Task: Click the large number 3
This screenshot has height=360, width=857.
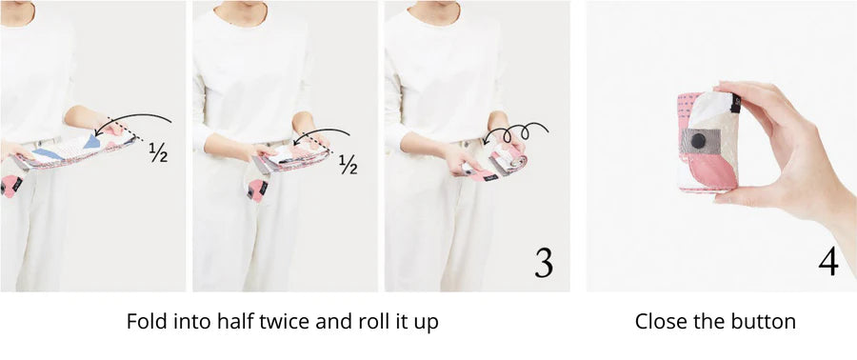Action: pos(544,264)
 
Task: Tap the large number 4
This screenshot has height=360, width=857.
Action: pos(828,262)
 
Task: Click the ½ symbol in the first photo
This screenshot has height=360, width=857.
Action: pos(158,154)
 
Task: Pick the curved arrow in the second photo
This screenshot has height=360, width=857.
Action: pos(322,131)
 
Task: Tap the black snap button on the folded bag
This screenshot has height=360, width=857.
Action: pos(698,141)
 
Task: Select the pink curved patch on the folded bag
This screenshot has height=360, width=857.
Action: pos(712,170)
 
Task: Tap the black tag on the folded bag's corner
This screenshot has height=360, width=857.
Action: pos(736,103)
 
